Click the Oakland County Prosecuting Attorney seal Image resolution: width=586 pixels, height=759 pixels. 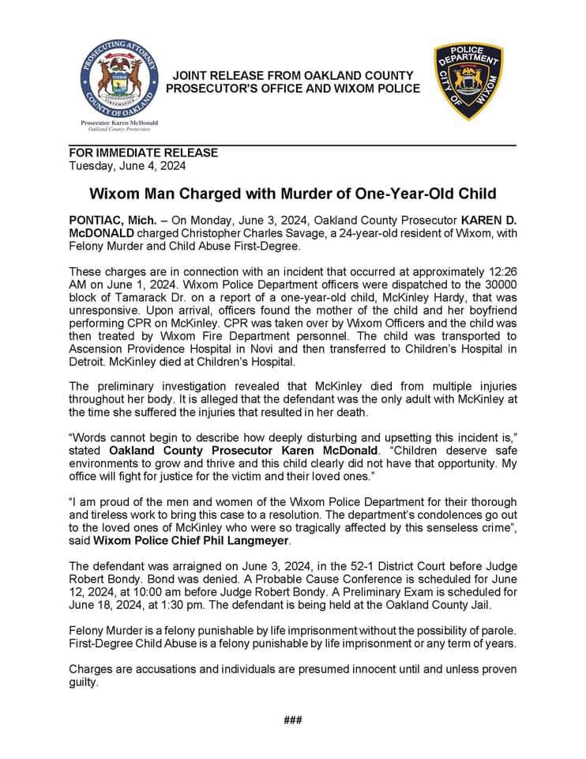pyautogui.click(x=119, y=78)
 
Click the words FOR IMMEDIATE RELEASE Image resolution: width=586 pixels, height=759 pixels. pyautogui.click(x=144, y=153)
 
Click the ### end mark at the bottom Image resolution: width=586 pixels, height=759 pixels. pyautogui.click(x=293, y=719)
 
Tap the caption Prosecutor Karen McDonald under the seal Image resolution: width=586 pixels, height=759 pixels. pyautogui.click(x=119, y=123)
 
